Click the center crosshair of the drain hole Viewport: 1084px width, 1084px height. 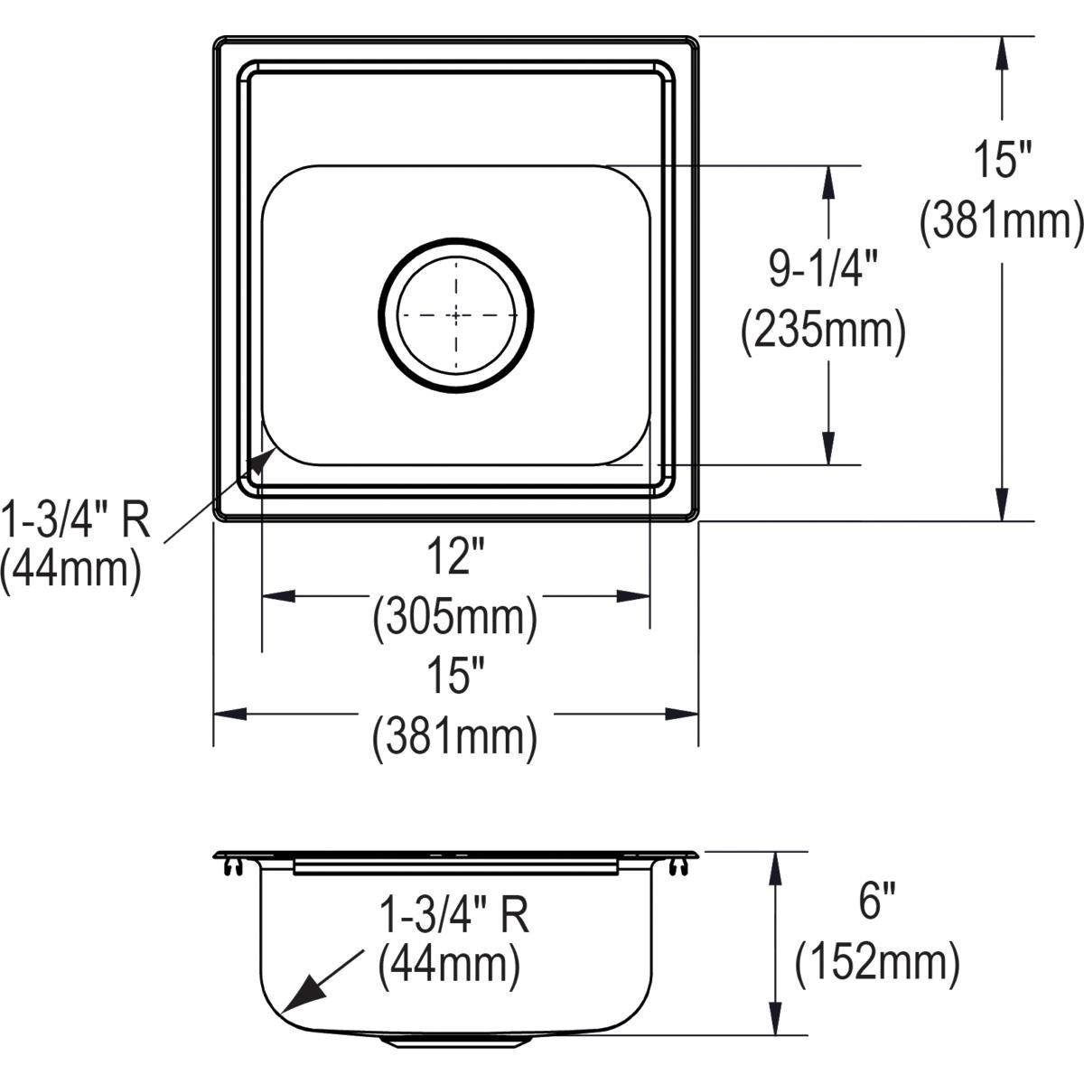(x=456, y=314)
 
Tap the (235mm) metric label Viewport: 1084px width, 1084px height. (x=823, y=331)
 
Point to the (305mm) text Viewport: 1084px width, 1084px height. (x=455, y=618)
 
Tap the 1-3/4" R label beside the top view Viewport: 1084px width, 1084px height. (x=74, y=519)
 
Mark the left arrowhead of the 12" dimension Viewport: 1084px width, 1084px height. (x=278, y=596)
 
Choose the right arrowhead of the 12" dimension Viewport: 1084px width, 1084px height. (x=633, y=596)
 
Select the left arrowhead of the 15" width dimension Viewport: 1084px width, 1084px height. (x=229, y=715)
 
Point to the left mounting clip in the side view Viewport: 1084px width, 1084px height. (x=233, y=866)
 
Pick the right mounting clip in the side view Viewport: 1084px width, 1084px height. (x=678, y=866)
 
